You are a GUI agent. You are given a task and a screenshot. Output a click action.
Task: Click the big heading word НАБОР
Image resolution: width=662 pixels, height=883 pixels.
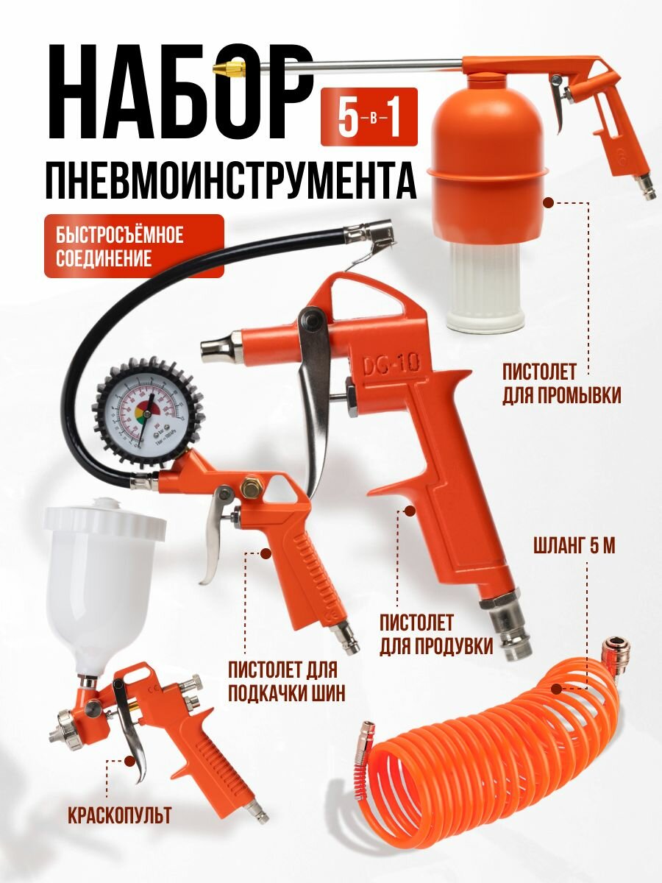(x=179, y=93)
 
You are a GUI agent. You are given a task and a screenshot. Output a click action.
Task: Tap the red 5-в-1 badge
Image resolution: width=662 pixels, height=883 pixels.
(x=369, y=116)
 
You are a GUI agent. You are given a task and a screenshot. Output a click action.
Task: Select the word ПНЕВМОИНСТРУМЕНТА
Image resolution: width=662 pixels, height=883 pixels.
(x=231, y=180)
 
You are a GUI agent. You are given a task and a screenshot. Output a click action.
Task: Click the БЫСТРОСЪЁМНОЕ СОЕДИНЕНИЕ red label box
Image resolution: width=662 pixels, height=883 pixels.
(x=134, y=247)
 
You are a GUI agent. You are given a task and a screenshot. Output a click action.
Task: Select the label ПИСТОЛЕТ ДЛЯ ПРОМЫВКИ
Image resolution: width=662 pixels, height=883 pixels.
(x=561, y=384)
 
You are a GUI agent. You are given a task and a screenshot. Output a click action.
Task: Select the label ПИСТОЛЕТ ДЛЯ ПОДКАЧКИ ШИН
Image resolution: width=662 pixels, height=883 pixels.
(x=287, y=681)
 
